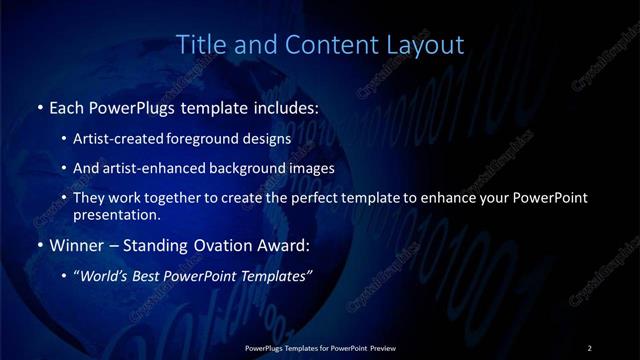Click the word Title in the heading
click(198, 45)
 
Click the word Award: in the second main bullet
click(283, 244)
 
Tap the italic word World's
click(103, 274)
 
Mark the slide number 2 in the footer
click(590, 347)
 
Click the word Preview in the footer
click(382, 347)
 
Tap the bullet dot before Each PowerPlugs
click(39, 105)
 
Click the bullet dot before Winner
click(39, 244)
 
